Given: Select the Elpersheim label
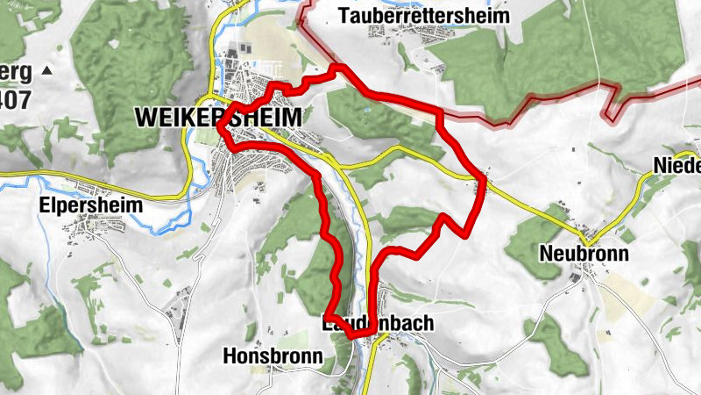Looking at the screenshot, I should coord(80,199).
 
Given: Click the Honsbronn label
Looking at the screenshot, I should coord(273,356).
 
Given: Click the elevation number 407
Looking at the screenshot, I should coord(15,99).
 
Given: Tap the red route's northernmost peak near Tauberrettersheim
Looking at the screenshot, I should coord(339,68).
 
